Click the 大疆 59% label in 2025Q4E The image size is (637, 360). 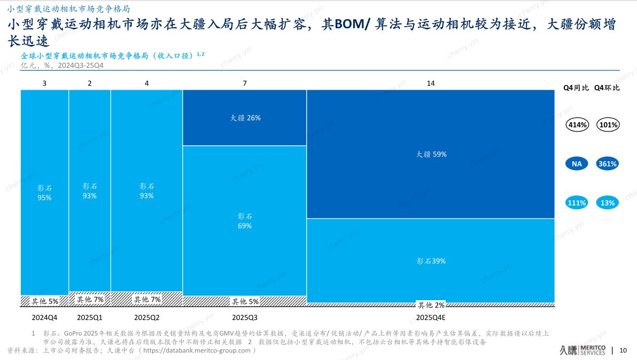point(431,154)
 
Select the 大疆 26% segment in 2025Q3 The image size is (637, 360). point(244,118)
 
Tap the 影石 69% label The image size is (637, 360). point(244,221)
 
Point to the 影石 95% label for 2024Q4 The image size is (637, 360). point(44,193)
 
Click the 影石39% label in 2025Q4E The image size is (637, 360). point(431,261)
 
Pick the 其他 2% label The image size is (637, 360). point(431,305)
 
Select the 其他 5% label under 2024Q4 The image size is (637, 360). point(45,302)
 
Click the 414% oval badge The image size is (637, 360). point(577,125)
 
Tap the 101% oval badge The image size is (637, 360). point(607,125)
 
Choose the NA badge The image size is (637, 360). point(577,164)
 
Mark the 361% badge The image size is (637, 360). point(607,164)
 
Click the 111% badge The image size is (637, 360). point(577,203)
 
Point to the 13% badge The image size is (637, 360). point(607,203)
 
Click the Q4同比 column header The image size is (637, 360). point(577,88)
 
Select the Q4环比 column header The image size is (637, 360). point(607,88)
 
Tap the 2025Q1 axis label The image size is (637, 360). point(89,317)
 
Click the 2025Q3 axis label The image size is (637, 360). point(244,317)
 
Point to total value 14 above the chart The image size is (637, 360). point(431,83)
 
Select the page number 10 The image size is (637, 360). point(623,351)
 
